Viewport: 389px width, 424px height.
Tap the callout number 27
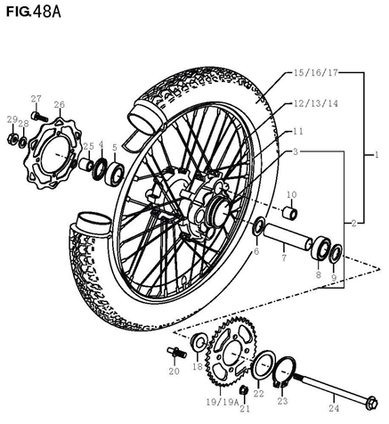(x=36, y=98)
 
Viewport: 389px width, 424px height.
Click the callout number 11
(x=300, y=131)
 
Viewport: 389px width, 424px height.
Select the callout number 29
(x=12, y=119)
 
